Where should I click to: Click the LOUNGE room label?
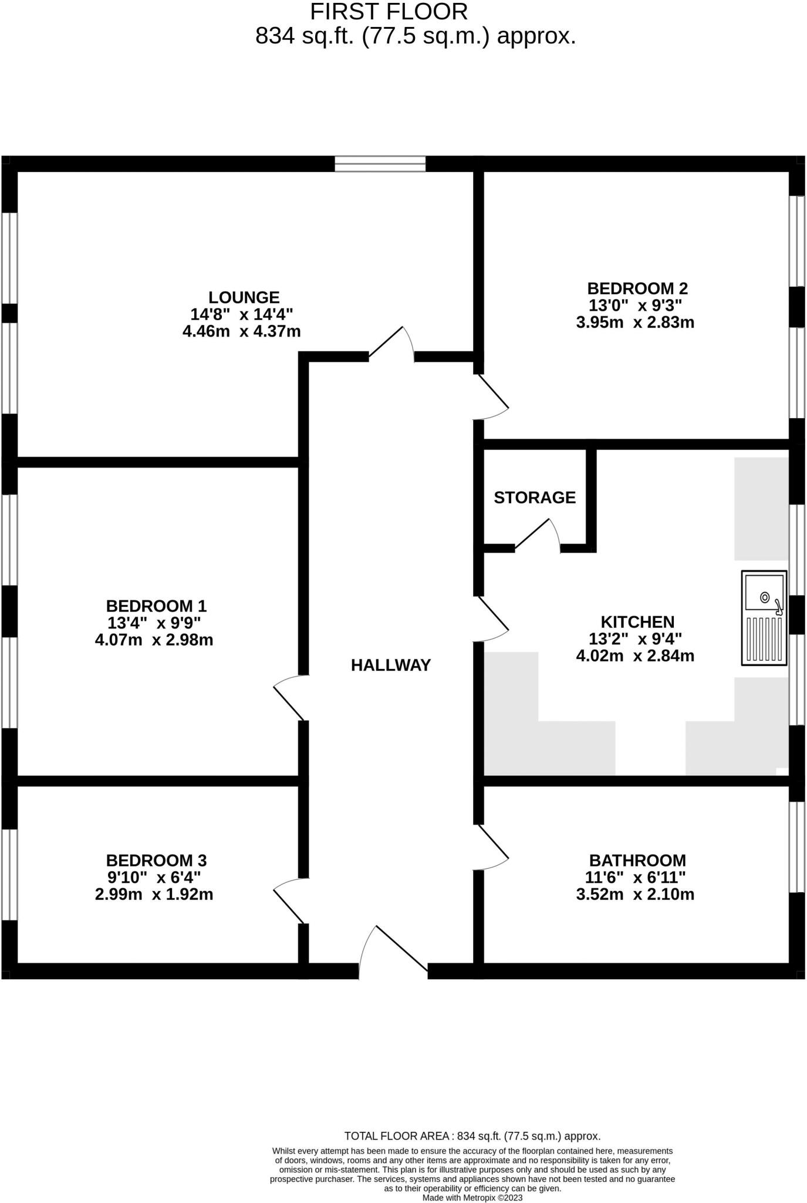tap(244, 297)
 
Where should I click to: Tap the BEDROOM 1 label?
tap(156, 606)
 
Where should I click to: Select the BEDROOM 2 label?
tap(637, 288)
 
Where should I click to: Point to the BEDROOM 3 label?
tap(156, 861)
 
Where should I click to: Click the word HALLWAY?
tap(391, 665)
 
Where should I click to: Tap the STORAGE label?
tap(535, 498)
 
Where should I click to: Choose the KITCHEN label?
tap(637, 621)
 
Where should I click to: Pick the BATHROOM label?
tap(637, 861)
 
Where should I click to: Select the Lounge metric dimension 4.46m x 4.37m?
tap(242, 331)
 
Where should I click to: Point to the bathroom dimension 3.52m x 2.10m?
tap(636, 895)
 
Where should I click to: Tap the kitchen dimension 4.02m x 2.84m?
tap(636, 656)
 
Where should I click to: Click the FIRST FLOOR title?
tap(389, 12)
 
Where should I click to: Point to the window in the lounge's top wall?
tap(380, 164)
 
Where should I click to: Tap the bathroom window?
tap(796, 847)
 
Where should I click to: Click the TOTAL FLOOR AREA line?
tap(472, 1136)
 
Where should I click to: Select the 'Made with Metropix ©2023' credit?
tap(472, 1198)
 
